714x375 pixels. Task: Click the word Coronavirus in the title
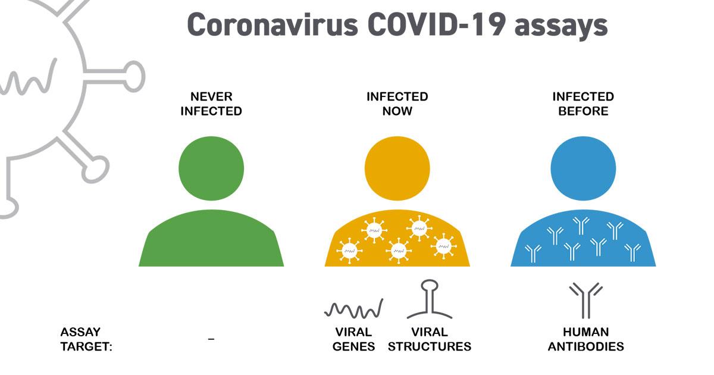273,25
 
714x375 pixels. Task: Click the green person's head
211,168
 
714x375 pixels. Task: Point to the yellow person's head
397,168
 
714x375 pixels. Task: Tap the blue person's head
583,168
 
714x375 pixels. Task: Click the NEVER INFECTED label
211,104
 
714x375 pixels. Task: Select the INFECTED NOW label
397,104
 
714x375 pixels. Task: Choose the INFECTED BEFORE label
583,104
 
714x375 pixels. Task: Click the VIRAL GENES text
353,339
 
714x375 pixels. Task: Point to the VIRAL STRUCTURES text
430,339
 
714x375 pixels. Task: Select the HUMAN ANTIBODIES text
586,339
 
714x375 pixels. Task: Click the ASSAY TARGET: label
86,339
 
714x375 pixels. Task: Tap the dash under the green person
211,339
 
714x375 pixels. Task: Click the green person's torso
211,239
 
